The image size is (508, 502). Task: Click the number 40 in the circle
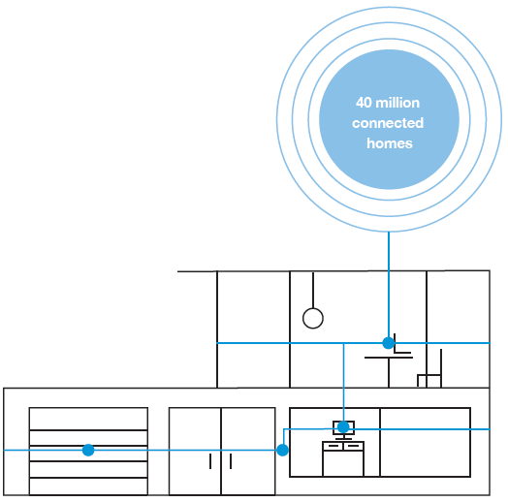pyautogui.click(x=364, y=103)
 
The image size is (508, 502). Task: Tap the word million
pyautogui.click(x=397, y=103)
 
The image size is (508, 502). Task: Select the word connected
pyautogui.click(x=388, y=123)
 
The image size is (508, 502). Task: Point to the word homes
pyautogui.click(x=390, y=143)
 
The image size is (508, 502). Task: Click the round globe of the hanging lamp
pyautogui.click(x=313, y=318)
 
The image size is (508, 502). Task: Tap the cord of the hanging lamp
pyautogui.click(x=313, y=290)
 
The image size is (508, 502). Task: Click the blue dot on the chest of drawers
pyautogui.click(x=88, y=450)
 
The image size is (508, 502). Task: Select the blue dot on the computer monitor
pyautogui.click(x=343, y=427)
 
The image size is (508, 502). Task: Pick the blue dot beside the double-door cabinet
pyautogui.click(x=282, y=450)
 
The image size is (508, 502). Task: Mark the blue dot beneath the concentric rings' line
pyautogui.click(x=389, y=343)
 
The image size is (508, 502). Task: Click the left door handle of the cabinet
pyautogui.click(x=210, y=461)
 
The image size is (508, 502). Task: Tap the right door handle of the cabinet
pyautogui.click(x=231, y=461)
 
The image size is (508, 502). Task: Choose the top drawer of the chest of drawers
pyautogui.click(x=88, y=419)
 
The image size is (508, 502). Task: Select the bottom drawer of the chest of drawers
pyautogui.click(x=88, y=486)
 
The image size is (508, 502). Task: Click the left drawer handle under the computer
pyautogui.click(x=333, y=446)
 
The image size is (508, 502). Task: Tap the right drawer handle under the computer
pyautogui.click(x=354, y=446)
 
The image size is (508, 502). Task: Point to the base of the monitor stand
pyautogui.click(x=343, y=439)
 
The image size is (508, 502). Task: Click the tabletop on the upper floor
pyautogui.click(x=389, y=358)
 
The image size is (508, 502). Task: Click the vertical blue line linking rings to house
pyautogui.click(x=389, y=284)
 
